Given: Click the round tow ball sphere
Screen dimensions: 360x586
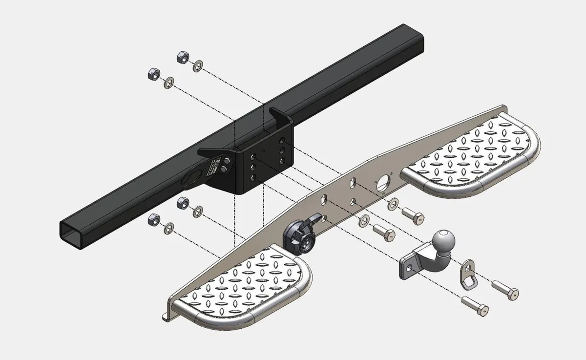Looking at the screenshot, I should tap(443, 241).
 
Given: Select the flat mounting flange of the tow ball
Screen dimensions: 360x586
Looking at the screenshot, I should tap(409, 267).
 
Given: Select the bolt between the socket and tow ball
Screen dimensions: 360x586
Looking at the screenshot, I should tap(383, 232).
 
